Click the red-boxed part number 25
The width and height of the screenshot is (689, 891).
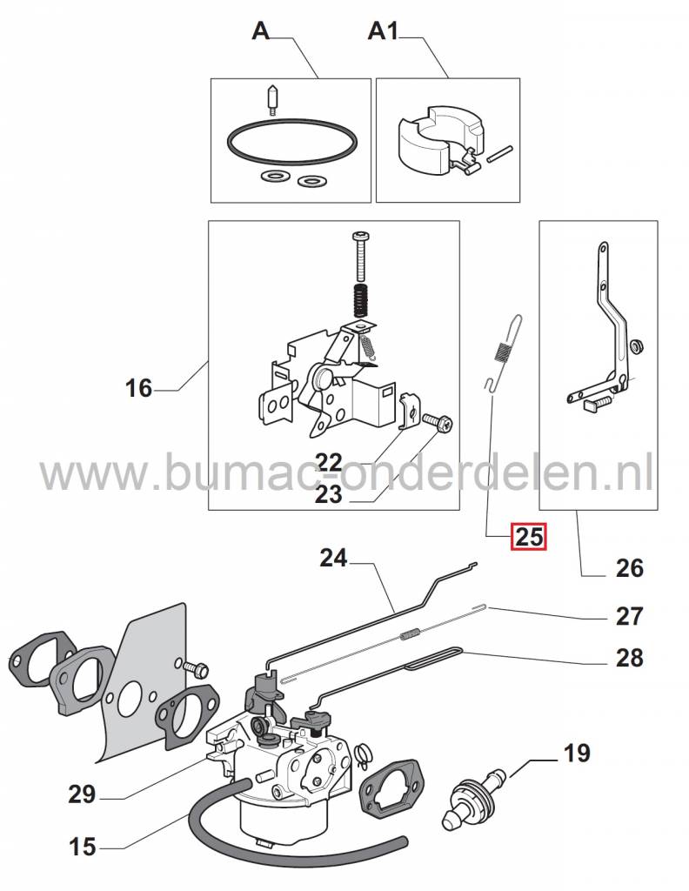click(x=529, y=537)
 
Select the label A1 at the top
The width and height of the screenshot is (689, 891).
click(x=384, y=32)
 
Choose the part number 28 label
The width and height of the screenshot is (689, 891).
click(x=629, y=658)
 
